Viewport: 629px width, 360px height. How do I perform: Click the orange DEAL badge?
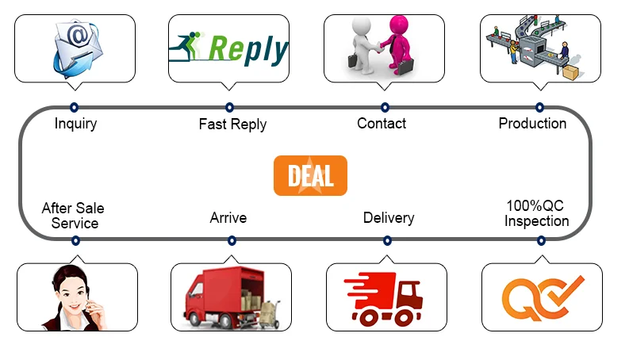[x=310, y=175]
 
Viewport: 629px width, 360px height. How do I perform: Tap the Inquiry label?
[x=75, y=124]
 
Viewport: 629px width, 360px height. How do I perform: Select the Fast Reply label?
[x=232, y=124]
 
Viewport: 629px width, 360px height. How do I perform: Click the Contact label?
[x=382, y=123]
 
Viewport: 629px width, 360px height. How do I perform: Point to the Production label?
[x=532, y=123]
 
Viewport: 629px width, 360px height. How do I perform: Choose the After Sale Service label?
[x=74, y=216]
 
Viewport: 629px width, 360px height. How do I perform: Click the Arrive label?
[x=228, y=217]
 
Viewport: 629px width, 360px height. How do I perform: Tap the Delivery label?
[x=389, y=217]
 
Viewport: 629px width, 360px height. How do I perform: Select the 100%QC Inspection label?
[x=536, y=213]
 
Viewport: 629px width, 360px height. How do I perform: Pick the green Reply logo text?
[x=247, y=49]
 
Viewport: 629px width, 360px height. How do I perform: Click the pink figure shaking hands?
[x=397, y=44]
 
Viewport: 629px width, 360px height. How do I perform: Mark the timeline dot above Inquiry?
[x=74, y=106]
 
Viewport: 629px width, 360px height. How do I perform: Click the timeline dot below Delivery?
[x=387, y=240]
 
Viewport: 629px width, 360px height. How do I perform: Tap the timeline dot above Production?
[x=539, y=106]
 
